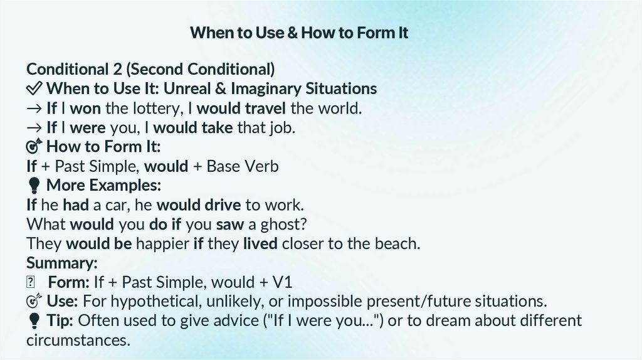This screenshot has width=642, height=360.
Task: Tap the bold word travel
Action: [x=265, y=108]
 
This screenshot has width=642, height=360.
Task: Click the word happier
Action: [x=159, y=243]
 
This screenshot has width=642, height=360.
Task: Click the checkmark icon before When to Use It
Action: [x=34, y=88]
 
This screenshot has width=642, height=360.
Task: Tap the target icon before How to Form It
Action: [x=34, y=147]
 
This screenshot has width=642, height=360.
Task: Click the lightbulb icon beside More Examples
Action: [x=34, y=186]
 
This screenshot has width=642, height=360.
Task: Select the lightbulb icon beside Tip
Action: [x=34, y=321]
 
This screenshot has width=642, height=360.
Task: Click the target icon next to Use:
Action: [x=34, y=302]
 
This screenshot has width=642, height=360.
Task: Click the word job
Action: [x=282, y=127]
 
